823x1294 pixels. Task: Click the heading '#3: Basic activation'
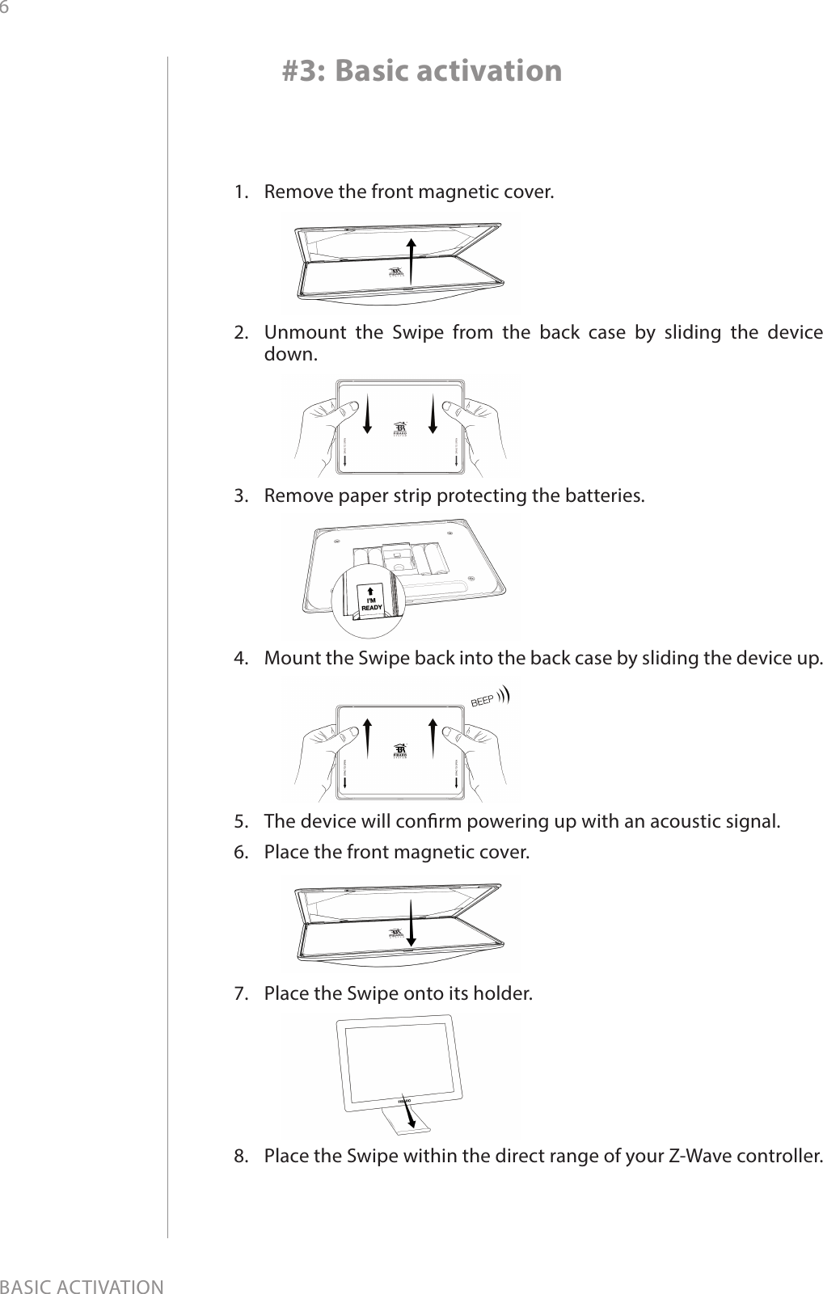tap(421, 71)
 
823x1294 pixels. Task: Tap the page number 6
tap(6, 7)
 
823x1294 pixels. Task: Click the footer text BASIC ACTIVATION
tap(82, 1284)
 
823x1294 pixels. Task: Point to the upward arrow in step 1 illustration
tap(411, 263)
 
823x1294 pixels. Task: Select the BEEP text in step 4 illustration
tap(483, 701)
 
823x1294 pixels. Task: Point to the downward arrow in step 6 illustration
tap(411, 921)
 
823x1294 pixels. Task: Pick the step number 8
tap(240, 1153)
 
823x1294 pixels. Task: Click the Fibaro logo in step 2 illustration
tap(400, 430)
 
